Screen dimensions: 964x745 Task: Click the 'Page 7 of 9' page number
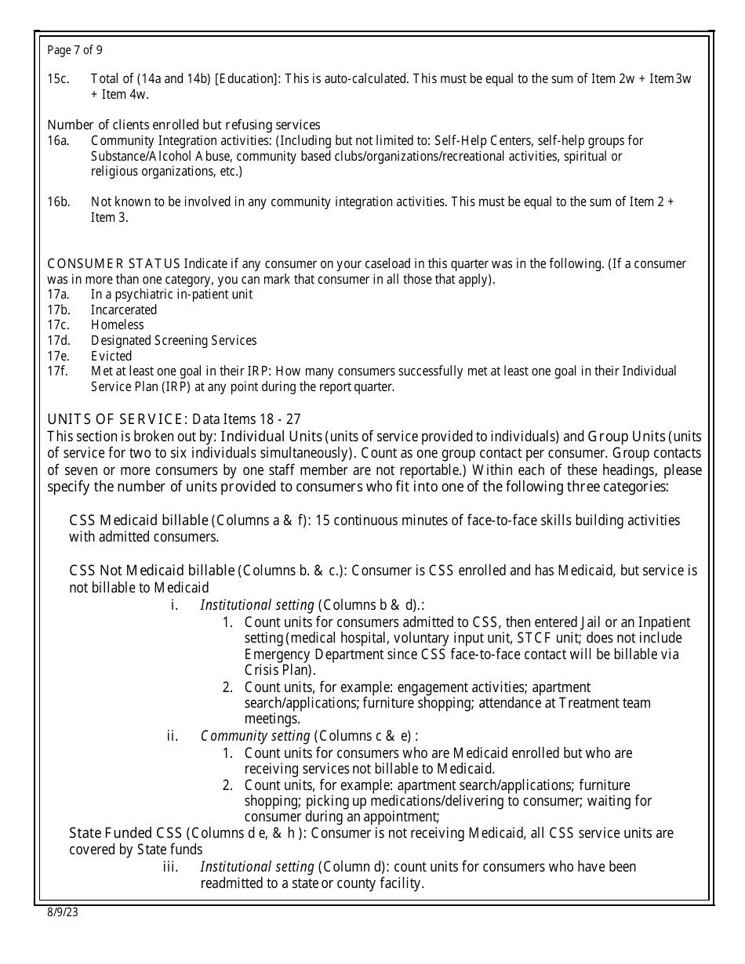click(x=74, y=50)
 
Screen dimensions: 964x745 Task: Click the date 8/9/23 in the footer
click(x=63, y=913)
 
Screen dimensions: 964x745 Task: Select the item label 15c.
click(x=57, y=79)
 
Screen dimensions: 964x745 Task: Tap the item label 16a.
click(x=58, y=140)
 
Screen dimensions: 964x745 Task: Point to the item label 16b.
click(x=58, y=201)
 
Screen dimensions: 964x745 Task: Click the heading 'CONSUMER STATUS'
click(x=114, y=263)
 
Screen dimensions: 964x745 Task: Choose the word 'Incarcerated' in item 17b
click(x=124, y=310)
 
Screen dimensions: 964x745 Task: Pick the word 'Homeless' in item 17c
click(x=117, y=324)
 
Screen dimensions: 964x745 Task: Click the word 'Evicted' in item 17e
click(x=111, y=356)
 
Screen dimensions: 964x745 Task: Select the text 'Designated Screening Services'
click(x=173, y=340)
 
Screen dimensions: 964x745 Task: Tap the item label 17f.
click(x=57, y=371)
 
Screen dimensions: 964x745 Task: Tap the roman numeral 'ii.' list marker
click(x=173, y=736)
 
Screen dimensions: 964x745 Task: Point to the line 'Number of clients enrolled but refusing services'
click(x=184, y=125)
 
